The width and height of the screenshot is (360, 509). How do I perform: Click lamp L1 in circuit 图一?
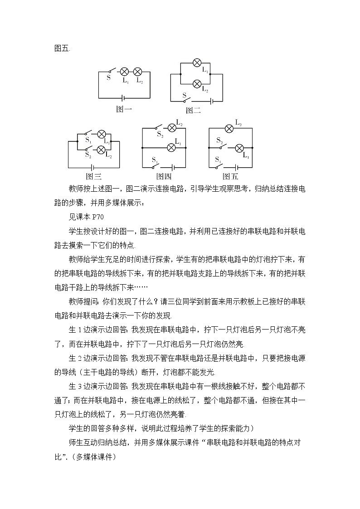(125, 72)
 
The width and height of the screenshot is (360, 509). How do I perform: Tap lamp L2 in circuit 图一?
(138, 72)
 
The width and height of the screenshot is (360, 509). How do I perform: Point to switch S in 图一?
(112, 71)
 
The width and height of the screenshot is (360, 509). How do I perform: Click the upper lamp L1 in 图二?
(197, 63)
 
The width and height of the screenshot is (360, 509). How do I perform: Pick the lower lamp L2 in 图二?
(197, 84)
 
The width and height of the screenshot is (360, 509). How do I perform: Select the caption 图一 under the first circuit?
(124, 109)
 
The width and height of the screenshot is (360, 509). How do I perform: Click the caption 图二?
(193, 110)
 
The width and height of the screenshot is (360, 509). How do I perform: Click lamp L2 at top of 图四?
(172, 127)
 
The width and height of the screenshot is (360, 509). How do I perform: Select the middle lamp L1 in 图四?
(172, 147)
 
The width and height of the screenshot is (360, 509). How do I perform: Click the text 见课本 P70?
(87, 217)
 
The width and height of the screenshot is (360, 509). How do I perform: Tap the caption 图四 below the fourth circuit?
(164, 177)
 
